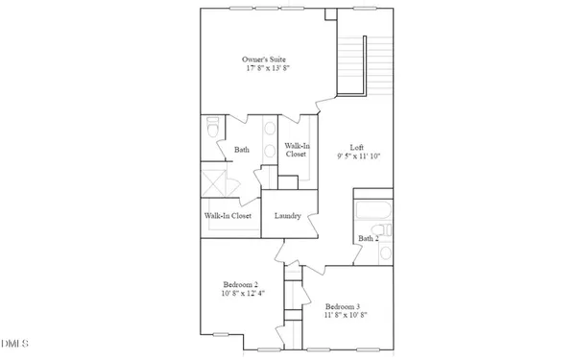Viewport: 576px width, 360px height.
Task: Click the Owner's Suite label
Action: pos(262,60)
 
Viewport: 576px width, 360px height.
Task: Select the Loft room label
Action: pos(356,147)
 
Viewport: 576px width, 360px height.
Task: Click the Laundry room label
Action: pos(288,216)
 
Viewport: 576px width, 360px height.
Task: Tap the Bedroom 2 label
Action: pos(240,284)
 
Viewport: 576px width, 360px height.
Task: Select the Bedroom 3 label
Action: pos(341,307)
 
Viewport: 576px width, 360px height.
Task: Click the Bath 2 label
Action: pos(370,238)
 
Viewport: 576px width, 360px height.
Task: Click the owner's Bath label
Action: pos(243,149)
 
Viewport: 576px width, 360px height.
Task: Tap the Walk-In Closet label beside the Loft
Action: pos(295,149)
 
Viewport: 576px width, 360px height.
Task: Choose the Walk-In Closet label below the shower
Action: pos(228,216)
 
